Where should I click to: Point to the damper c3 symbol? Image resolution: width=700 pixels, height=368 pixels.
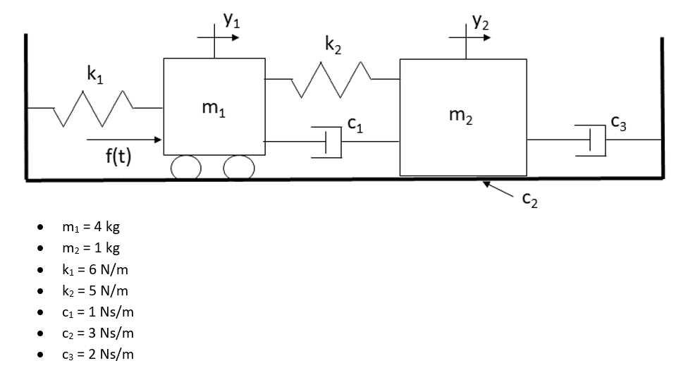pyautogui.click(x=593, y=140)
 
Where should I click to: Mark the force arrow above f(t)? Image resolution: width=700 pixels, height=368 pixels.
pyautogui.click(x=123, y=140)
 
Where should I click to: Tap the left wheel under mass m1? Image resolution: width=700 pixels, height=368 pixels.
pyautogui.click(x=186, y=167)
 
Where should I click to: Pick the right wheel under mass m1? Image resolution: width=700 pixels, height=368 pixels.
pyautogui.click(x=239, y=167)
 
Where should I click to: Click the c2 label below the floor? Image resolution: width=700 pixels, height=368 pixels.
pyautogui.click(x=530, y=201)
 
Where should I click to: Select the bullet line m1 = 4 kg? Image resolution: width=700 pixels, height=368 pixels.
pyautogui.click(x=91, y=228)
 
